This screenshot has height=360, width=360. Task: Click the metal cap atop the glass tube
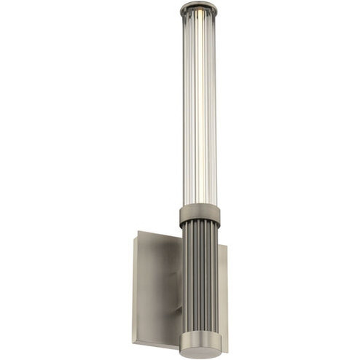click(x=199, y=9)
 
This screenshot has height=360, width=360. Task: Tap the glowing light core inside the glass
click(x=199, y=109)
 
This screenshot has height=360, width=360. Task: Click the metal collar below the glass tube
click(x=198, y=216)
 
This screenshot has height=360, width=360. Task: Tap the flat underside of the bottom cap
click(x=199, y=355)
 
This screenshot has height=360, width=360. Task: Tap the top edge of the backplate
click(x=157, y=234)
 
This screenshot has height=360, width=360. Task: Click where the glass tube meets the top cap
click(x=199, y=18)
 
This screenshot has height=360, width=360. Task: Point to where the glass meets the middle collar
click(x=199, y=206)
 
